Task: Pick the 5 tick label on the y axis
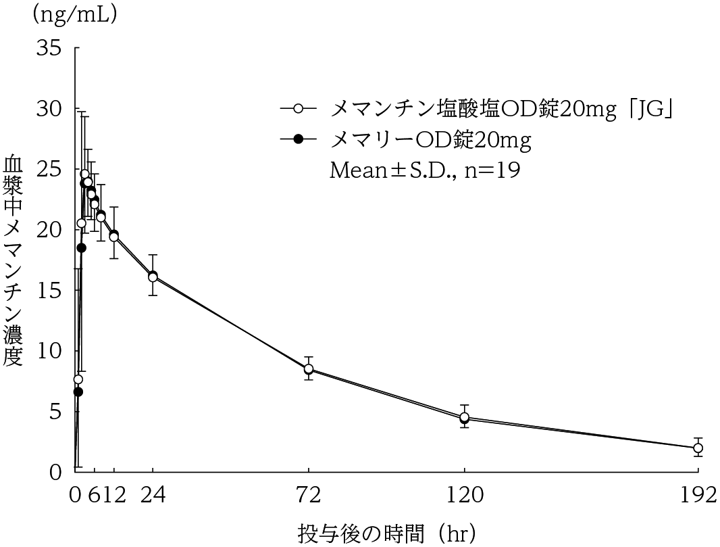coord(54,411)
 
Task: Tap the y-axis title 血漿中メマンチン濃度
coord(14,260)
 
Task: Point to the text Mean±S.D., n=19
coord(424,169)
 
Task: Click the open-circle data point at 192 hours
coord(698,448)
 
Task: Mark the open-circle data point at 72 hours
coord(309,368)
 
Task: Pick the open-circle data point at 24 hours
coord(153,277)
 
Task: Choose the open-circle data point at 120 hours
coord(465,417)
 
